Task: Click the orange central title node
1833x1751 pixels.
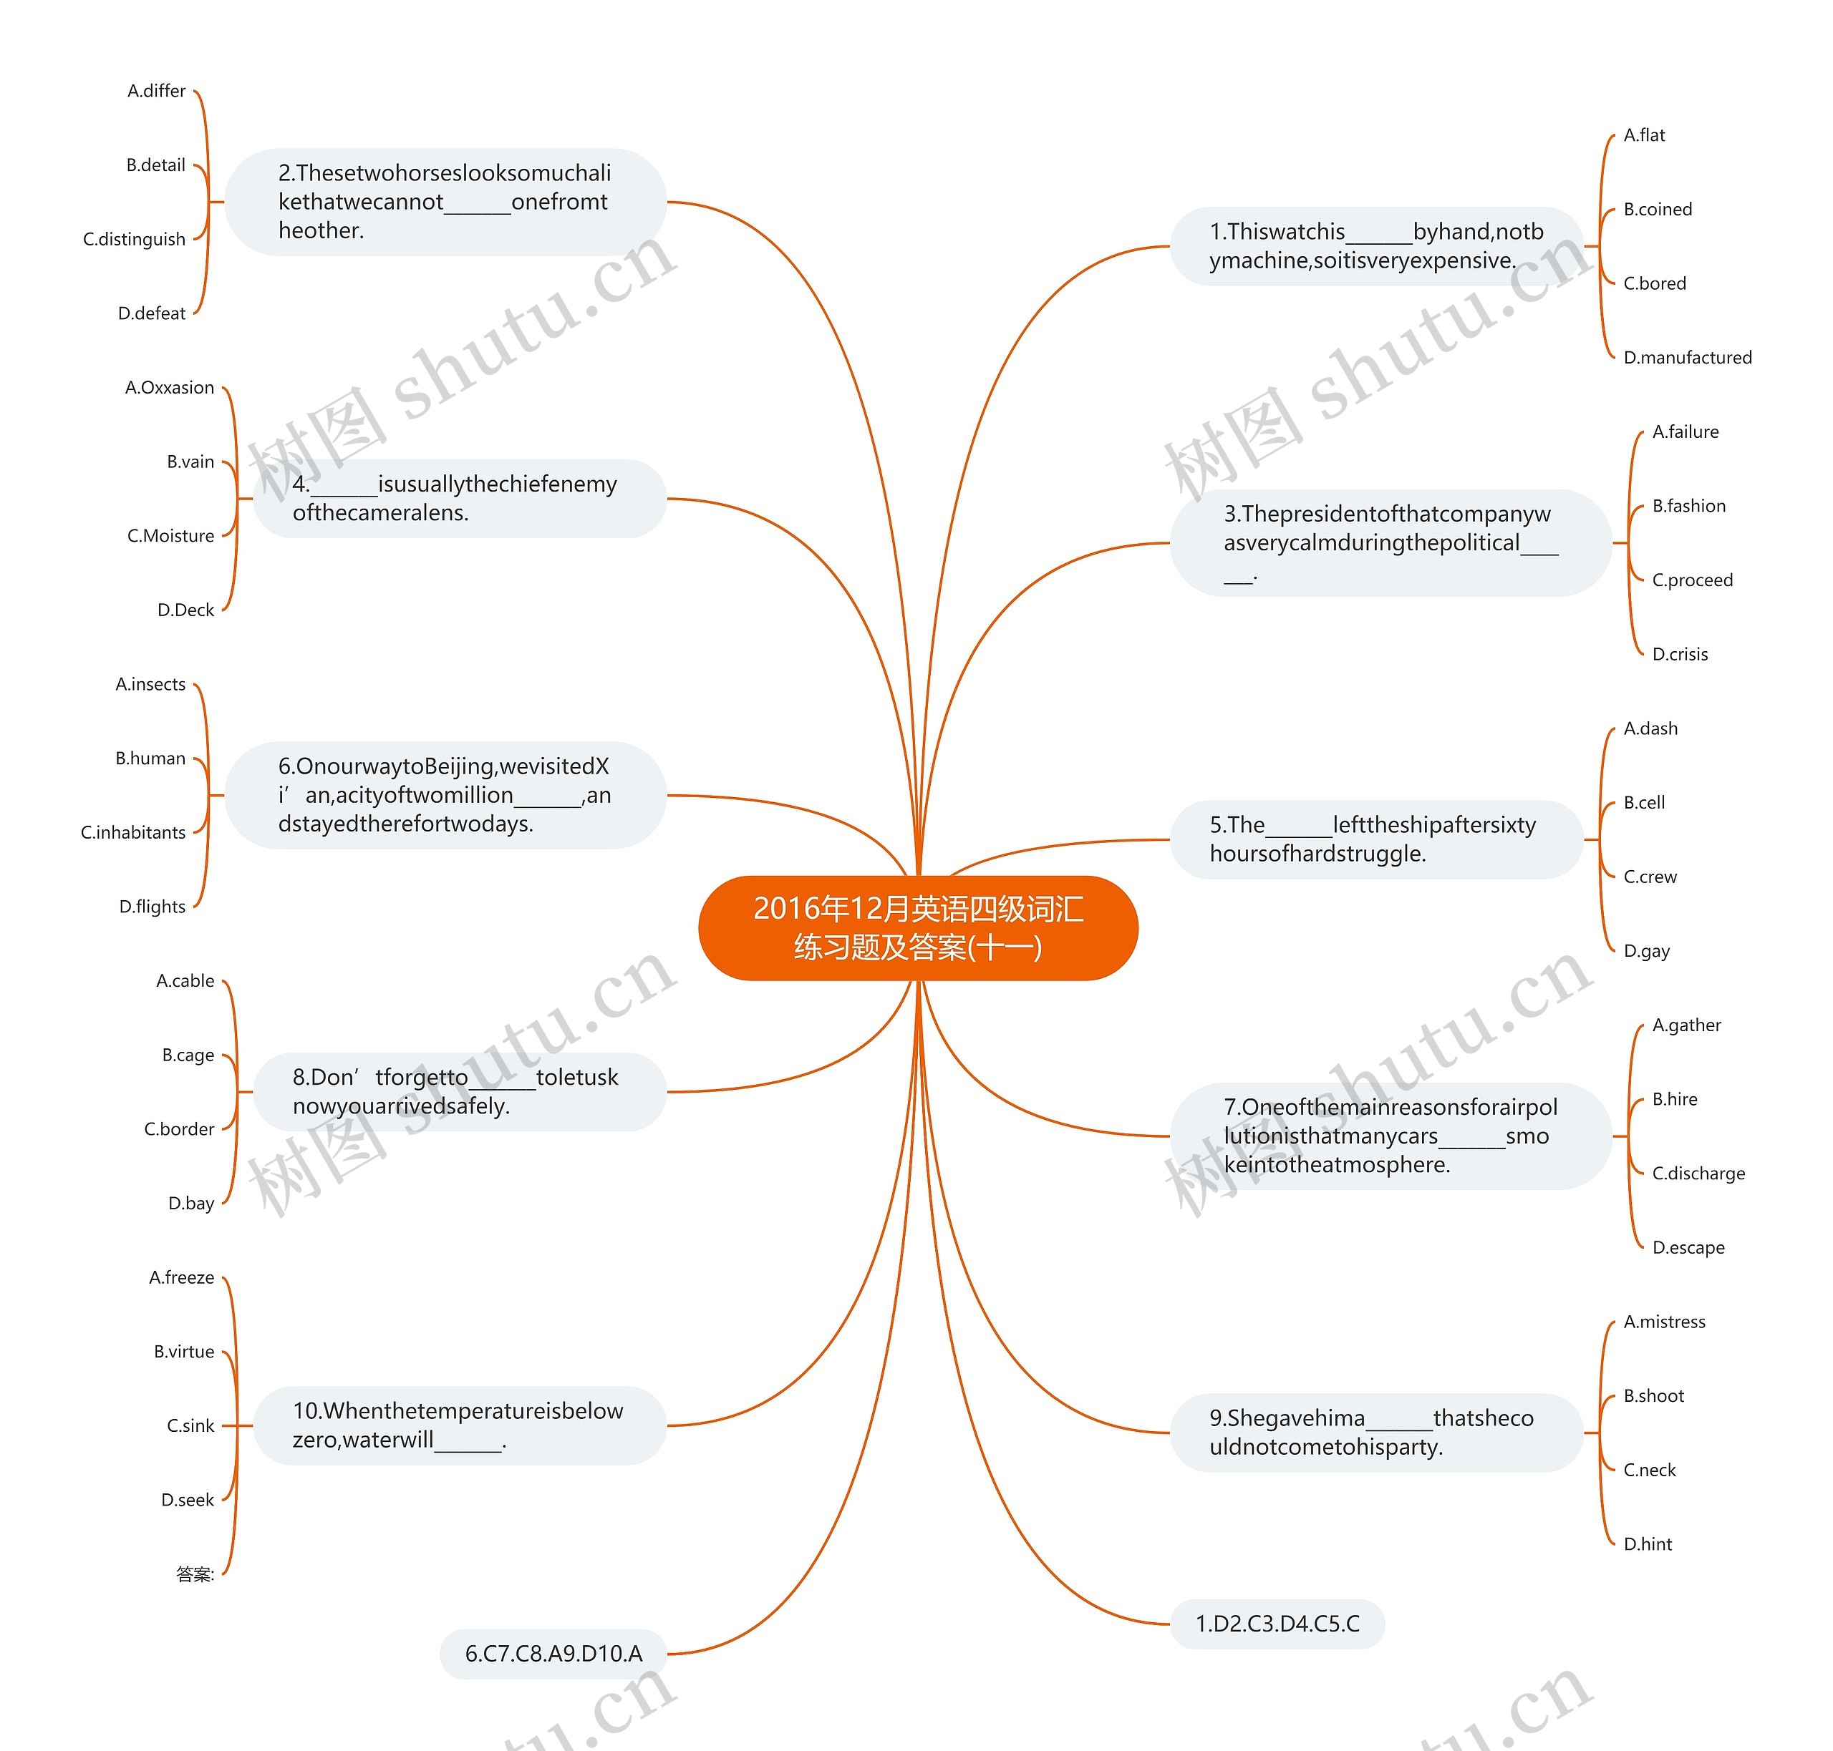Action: click(918, 928)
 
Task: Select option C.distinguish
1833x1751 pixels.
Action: click(135, 239)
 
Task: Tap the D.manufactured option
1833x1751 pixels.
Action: click(1688, 358)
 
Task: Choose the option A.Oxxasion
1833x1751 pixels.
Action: click(170, 387)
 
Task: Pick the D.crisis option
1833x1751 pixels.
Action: click(1680, 654)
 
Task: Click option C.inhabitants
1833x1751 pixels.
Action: click(133, 832)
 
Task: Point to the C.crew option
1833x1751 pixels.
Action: click(1650, 877)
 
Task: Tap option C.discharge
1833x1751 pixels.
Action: click(1698, 1174)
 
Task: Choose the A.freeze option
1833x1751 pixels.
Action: click(182, 1278)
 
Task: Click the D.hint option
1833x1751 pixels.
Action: click(1647, 1545)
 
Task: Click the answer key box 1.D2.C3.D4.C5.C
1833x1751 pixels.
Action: click(1277, 1624)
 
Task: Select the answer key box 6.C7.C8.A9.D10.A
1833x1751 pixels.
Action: click(553, 1654)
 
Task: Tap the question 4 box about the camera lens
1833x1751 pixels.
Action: click(460, 499)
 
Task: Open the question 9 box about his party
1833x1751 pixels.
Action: click(1376, 1433)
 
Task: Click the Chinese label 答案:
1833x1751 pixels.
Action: click(195, 1574)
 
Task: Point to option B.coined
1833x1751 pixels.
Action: click(1658, 209)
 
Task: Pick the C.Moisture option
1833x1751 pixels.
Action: click(171, 536)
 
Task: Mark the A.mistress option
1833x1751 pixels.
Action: click(1664, 1322)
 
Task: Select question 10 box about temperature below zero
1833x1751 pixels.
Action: click(460, 1425)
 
